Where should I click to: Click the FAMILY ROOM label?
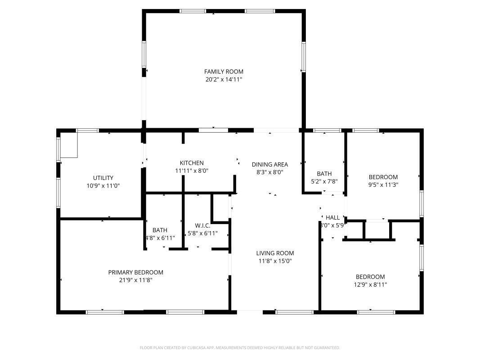point(224,72)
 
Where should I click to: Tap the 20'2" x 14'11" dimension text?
point(224,79)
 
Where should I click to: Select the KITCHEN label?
point(192,163)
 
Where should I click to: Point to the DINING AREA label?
point(269,164)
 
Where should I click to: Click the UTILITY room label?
point(103,178)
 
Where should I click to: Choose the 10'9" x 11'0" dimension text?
point(103,185)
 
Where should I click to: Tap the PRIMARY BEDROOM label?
point(135,272)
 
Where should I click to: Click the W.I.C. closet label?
point(202,225)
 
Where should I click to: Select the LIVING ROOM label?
point(275,253)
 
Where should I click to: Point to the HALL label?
point(332,217)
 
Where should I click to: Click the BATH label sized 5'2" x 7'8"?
point(324,174)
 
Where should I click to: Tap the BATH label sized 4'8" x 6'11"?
point(160,230)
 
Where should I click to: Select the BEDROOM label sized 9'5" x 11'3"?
point(383,177)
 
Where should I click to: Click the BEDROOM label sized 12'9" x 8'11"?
point(370,277)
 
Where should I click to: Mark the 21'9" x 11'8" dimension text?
point(135,280)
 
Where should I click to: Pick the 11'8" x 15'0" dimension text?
point(275,261)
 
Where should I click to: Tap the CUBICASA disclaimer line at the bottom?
point(240,347)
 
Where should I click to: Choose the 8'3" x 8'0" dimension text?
point(269,172)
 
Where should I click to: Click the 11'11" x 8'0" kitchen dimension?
point(192,171)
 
